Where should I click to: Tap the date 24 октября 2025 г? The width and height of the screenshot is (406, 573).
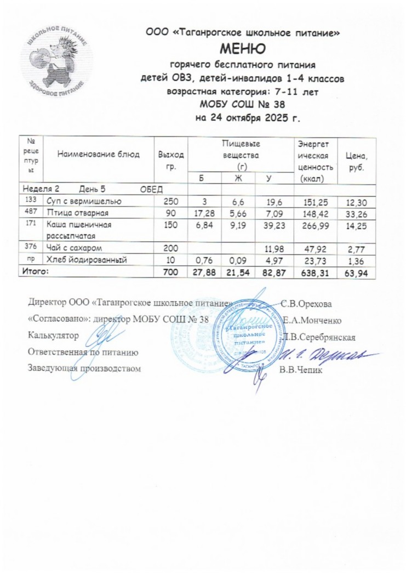[x=249, y=118]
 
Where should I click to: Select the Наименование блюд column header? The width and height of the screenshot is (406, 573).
[x=99, y=154]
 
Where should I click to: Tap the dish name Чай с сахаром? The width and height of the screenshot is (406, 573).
[x=75, y=248]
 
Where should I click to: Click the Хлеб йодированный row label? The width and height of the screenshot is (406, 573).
[x=87, y=260]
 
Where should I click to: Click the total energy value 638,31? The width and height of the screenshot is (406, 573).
[x=314, y=272]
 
